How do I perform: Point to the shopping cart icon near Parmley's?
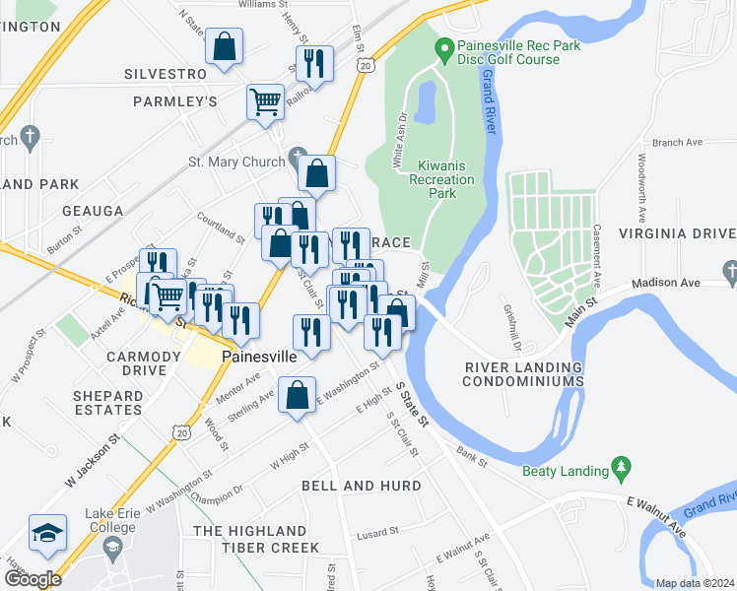[265, 100]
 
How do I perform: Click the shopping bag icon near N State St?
[225, 45]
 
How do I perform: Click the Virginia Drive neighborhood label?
[676, 233]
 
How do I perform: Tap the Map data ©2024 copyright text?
[695, 583]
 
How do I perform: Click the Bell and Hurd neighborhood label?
[361, 486]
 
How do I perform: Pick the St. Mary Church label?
[236, 162]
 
